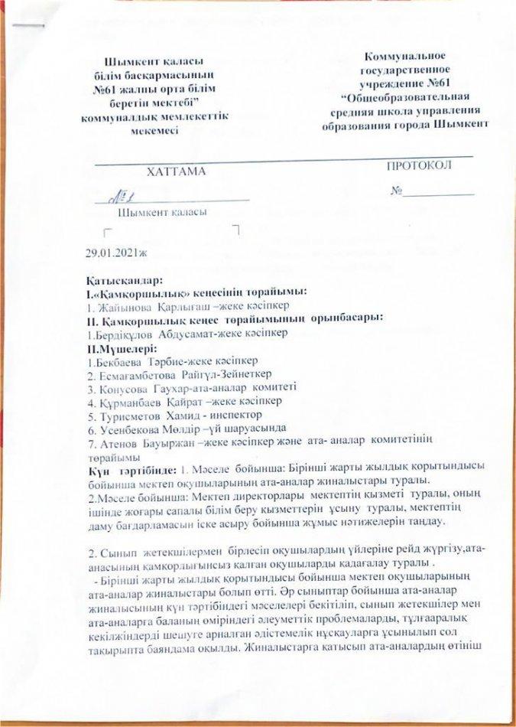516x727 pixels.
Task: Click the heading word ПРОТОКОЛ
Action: pos(418,166)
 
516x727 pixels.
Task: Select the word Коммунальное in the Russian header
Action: pos(405,56)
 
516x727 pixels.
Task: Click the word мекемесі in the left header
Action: pos(153,129)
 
